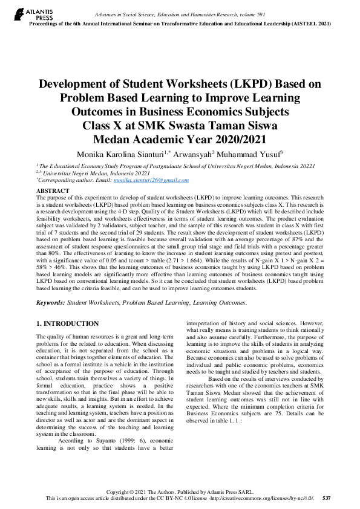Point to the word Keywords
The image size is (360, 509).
pyautogui.click(x=51, y=302)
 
